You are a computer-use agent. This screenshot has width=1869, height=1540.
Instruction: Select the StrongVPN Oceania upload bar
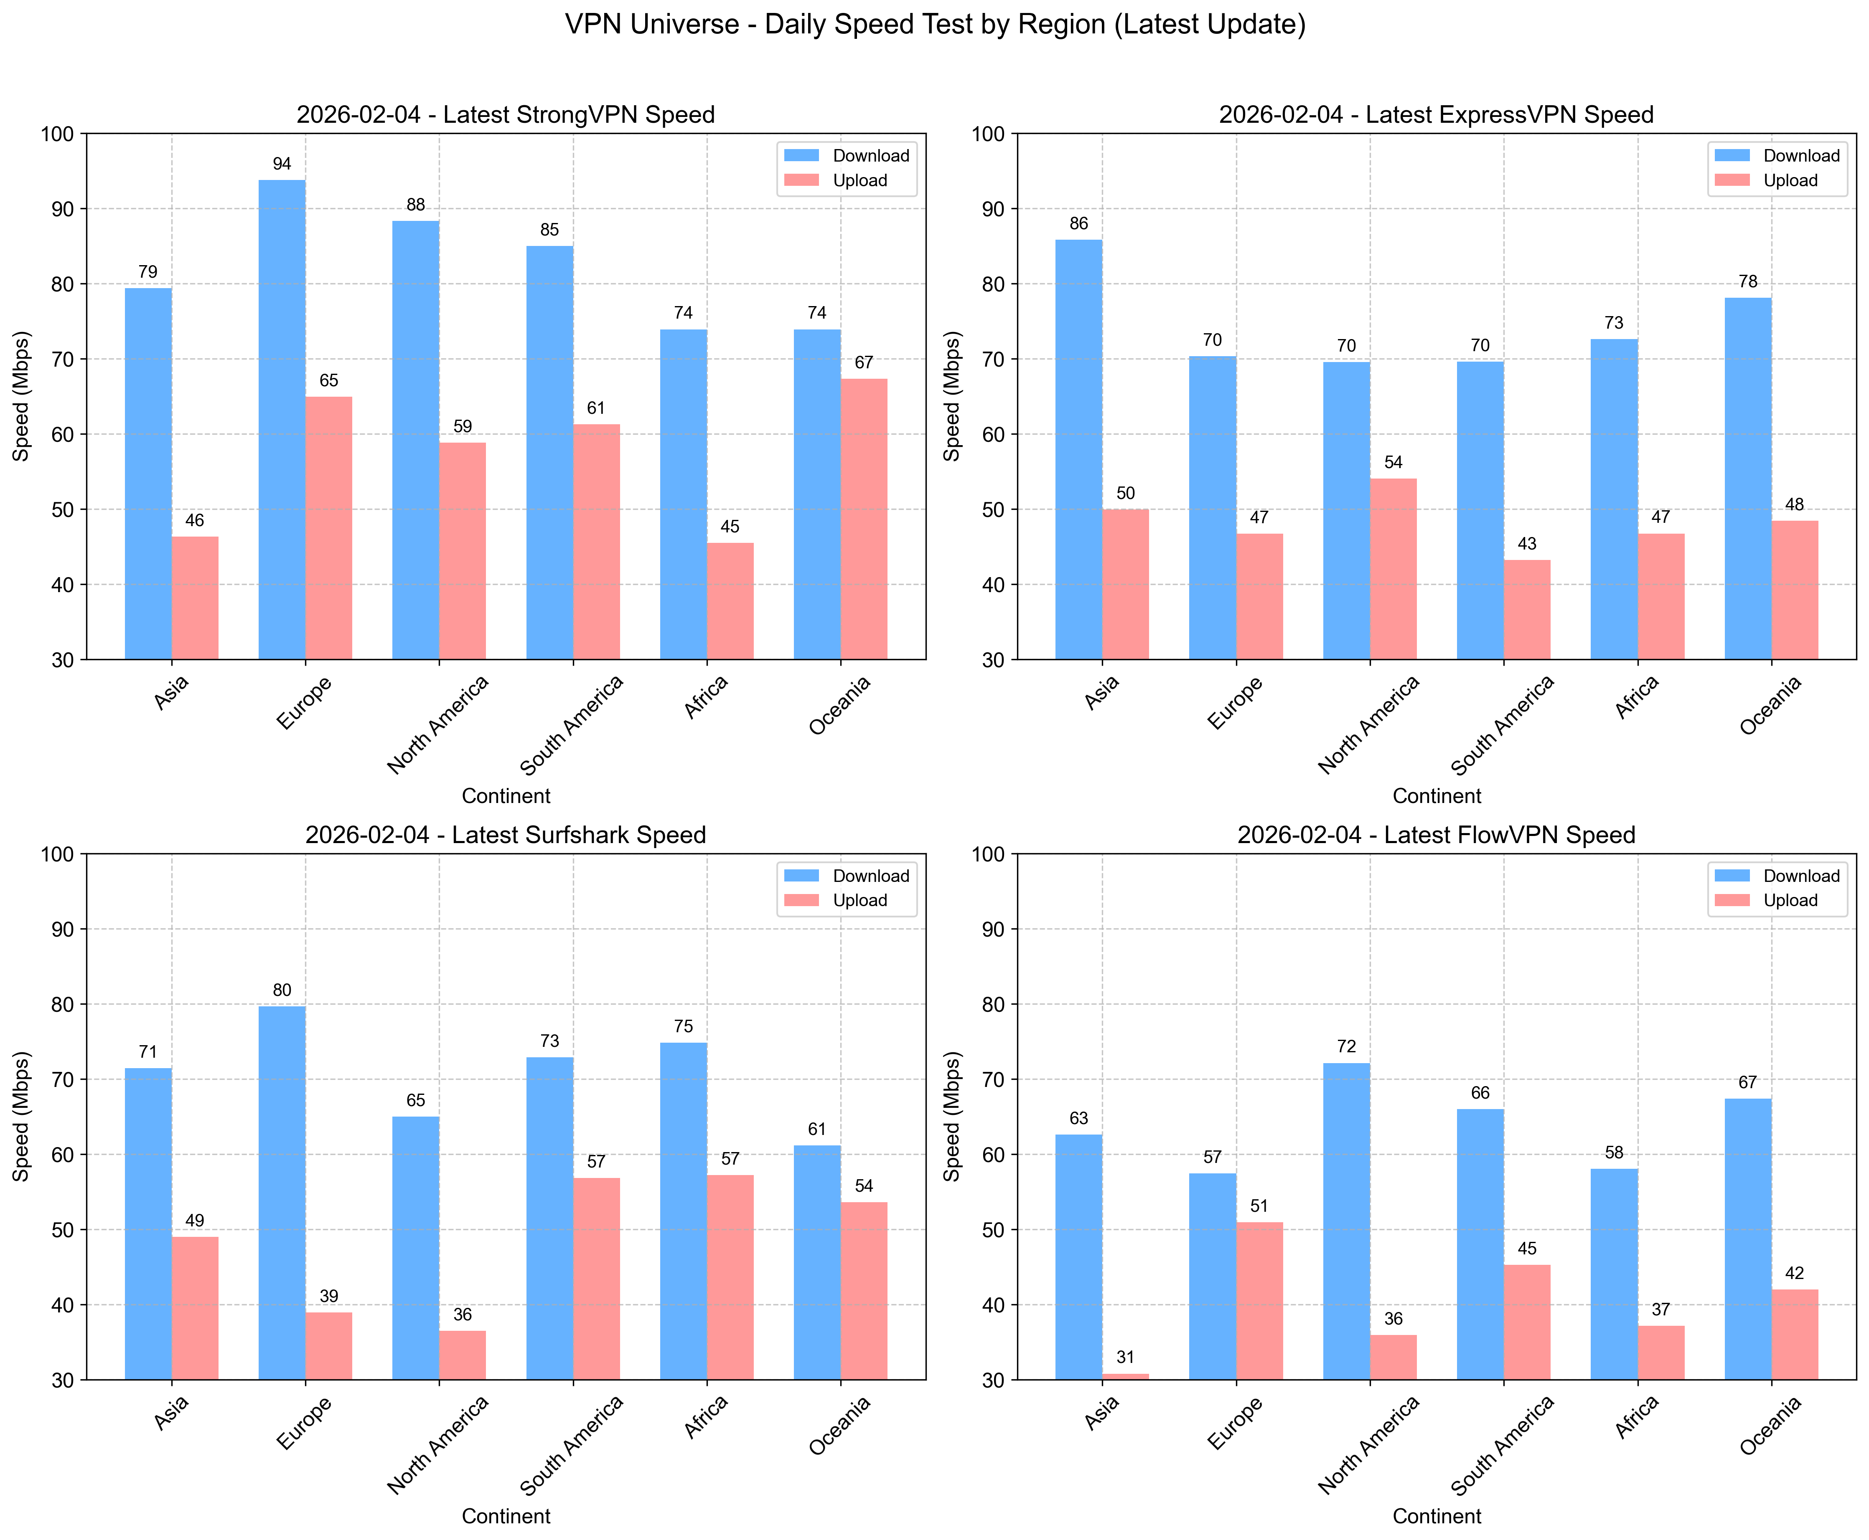(864, 519)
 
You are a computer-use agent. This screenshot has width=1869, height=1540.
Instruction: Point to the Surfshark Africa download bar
(683, 1211)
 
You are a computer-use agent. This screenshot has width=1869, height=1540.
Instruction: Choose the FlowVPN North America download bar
(1346, 1221)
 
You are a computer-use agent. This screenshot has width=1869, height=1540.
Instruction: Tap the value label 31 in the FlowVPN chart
(1125, 1357)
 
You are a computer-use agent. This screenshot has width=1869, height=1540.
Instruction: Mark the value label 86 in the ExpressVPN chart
(1078, 223)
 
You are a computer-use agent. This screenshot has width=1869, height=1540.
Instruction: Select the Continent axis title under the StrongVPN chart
(506, 796)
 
